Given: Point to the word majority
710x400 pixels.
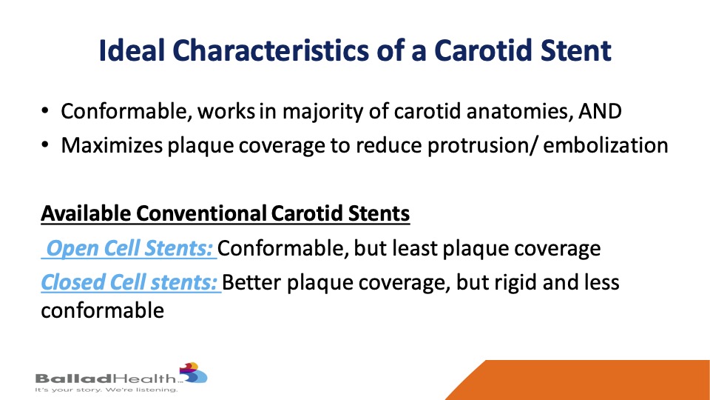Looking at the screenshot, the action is (322, 112).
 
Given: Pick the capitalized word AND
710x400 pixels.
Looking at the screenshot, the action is (600, 112).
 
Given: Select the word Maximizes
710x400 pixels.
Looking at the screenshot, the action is (112, 145).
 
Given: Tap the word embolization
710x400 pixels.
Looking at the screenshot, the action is (606, 145).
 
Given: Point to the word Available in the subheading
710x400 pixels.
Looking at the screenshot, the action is (86, 213).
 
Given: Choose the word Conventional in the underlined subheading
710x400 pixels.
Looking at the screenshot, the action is (201, 213).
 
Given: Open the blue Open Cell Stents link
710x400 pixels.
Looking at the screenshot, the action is (129, 249).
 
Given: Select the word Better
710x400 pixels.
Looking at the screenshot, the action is (251, 282).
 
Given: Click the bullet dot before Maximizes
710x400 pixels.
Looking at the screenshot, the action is (45, 145).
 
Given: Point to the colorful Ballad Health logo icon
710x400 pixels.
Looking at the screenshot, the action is (193, 373).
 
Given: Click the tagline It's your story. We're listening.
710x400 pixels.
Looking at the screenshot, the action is (106, 390).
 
